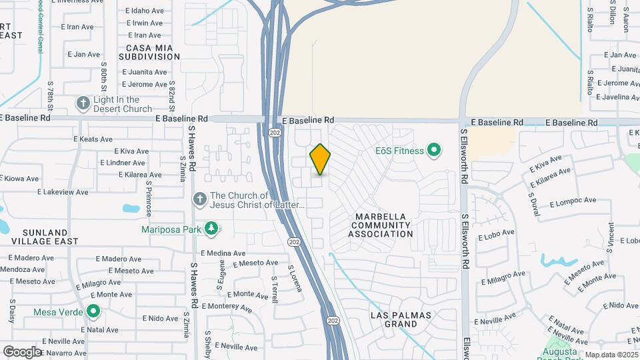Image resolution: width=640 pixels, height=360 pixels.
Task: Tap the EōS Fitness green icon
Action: pos(434,151)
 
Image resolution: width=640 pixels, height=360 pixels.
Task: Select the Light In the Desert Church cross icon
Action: pos(83,103)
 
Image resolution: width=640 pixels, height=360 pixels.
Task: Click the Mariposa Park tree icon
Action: pos(212,229)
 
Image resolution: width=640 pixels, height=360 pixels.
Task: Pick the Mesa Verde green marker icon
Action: pos(94,311)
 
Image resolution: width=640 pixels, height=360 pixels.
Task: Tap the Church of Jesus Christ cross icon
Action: pos(199,199)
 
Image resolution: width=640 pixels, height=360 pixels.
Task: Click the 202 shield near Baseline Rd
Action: pos(275,133)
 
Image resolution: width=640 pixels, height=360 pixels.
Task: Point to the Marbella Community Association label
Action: pos(384,225)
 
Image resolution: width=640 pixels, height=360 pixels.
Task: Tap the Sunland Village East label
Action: pos(45,236)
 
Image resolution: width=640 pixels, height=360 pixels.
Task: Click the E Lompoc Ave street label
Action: pos(573,201)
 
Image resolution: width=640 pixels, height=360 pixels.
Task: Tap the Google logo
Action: pos(22,351)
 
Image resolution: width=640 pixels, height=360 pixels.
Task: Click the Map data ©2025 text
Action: pos(610,355)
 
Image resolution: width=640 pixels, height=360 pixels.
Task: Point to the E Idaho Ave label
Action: pos(143,11)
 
